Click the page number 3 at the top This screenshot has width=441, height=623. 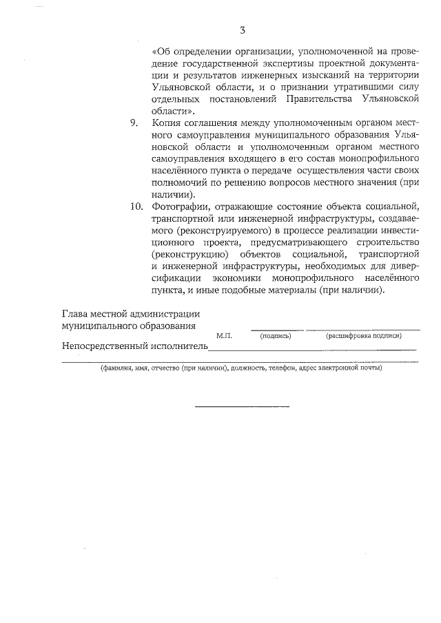pos(242,30)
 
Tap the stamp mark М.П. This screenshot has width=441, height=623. pos(224,336)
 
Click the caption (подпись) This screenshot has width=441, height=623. pos(276,336)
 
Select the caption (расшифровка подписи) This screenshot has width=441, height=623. pos(364,336)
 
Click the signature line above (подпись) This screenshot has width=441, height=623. pos(276,330)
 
